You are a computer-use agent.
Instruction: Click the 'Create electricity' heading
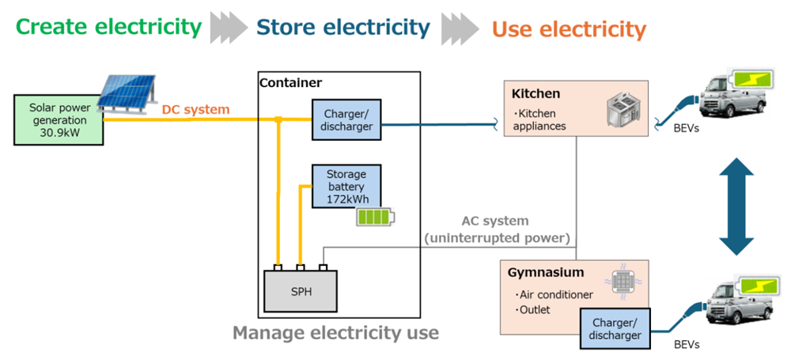pos(108,27)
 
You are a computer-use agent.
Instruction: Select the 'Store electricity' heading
pos(343,28)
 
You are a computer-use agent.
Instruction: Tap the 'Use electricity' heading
pos(569,30)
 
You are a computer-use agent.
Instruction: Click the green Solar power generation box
pos(59,119)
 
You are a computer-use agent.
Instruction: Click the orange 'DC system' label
pos(195,109)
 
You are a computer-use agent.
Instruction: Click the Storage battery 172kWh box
pos(346,187)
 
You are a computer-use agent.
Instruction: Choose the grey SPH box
pos(301,291)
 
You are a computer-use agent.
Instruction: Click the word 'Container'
pos(290,82)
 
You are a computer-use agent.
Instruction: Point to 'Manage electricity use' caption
pos(335,333)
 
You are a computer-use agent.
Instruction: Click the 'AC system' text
pos(495,221)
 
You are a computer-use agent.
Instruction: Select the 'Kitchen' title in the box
pos(536,94)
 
